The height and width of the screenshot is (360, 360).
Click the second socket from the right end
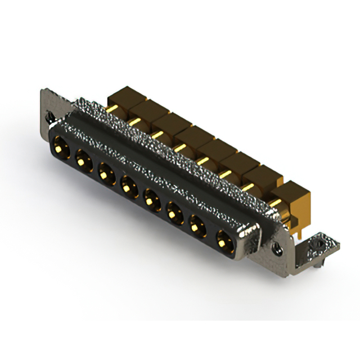pyautogui.click(x=198, y=224)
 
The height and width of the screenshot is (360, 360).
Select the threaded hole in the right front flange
pyautogui.click(x=277, y=245)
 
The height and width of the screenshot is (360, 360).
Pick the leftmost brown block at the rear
pyautogui.click(x=121, y=97)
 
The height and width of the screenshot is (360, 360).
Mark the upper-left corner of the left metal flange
pyautogui.click(x=43, y=90)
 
